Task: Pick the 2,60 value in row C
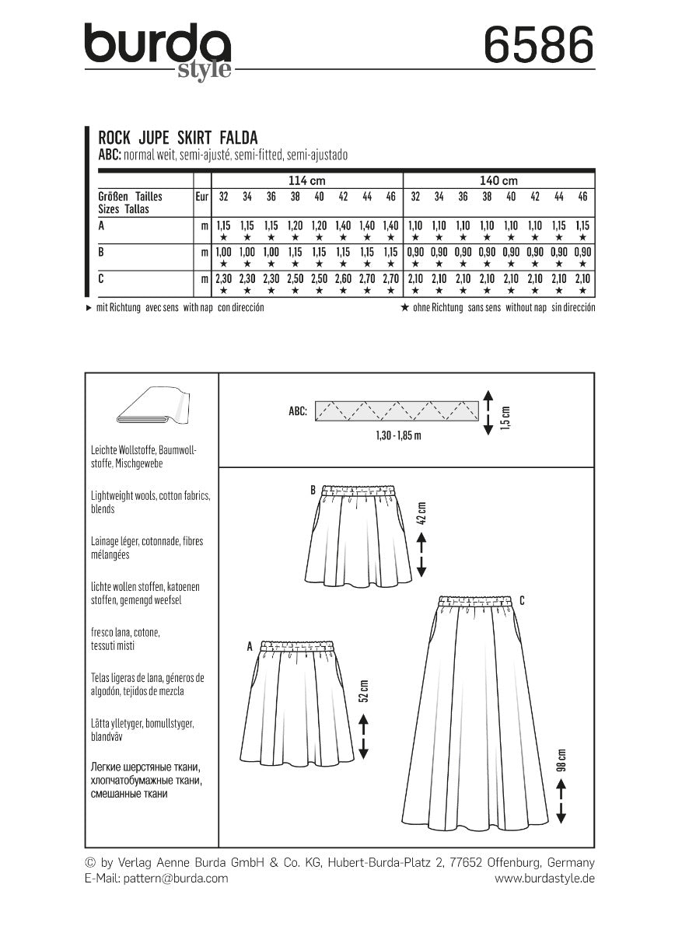tap(342, 278)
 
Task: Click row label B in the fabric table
tap(101, 253)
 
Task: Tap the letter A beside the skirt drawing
tap(250, 645)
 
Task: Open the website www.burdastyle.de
tap(544, 878)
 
